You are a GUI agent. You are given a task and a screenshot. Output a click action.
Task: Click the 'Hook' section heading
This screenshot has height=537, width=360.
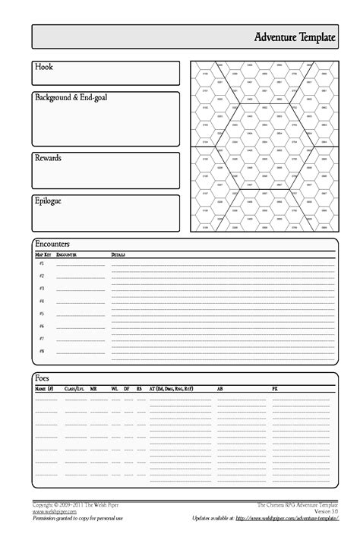[43, 68]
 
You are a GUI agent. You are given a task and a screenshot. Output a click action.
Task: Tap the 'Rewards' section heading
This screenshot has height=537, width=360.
[48, 157]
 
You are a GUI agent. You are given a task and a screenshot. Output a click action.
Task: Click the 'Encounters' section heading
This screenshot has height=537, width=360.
[52, 244]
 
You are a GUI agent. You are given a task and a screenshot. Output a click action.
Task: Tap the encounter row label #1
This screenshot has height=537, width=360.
[42, 263]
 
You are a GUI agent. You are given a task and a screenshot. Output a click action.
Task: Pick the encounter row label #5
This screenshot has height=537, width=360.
[42, 314]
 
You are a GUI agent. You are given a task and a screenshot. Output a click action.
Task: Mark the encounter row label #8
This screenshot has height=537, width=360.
[42, 352]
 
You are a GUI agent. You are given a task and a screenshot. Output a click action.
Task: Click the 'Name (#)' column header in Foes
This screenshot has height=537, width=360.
[44, 388]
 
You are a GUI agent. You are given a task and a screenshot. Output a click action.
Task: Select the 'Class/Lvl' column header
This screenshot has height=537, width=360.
[75, 388]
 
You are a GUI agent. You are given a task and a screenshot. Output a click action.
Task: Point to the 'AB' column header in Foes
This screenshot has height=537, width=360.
[220, 388]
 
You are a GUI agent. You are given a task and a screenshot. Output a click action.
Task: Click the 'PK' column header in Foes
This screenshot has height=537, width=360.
[275, 388]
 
